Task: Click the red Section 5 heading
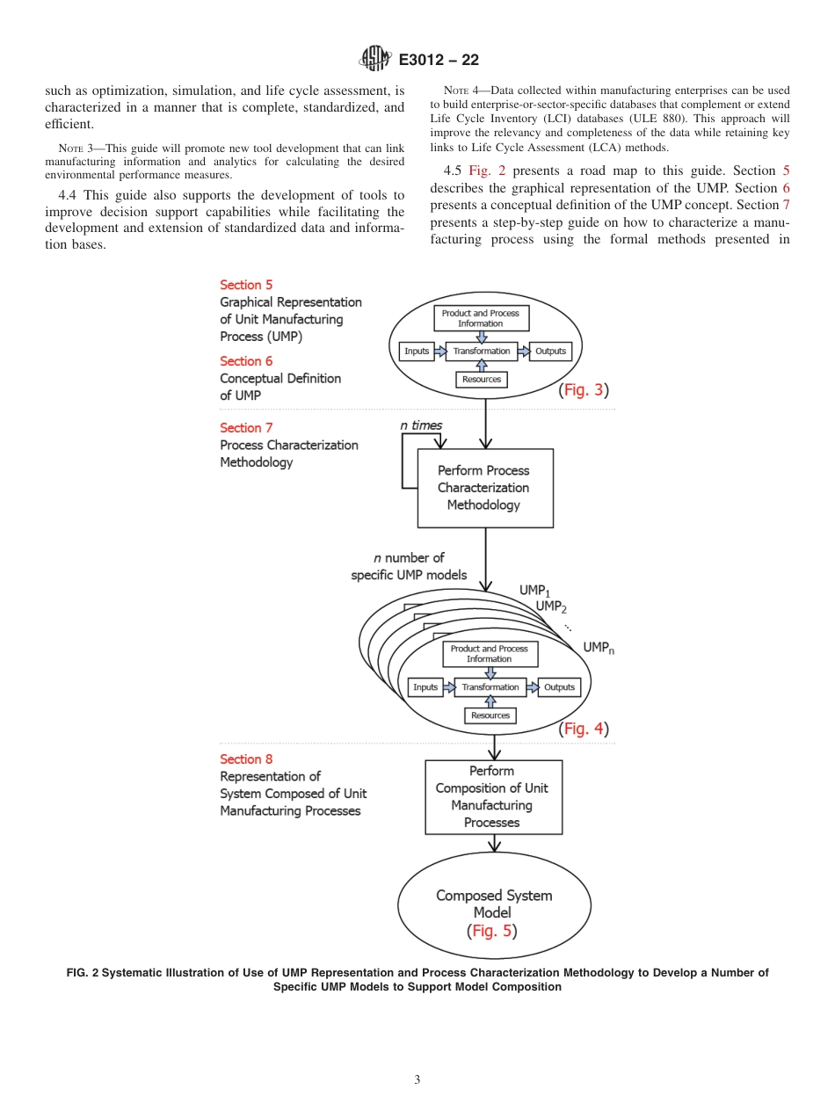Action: click(x=246, y=285)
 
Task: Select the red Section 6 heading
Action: click(x=246, y=361)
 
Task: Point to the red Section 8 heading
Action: click(x=246, y=759)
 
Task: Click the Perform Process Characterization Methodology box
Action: click(x=484, y=488)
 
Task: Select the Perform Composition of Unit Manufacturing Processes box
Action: click(x=493, y=797)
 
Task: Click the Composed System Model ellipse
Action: click(x=494, y=913)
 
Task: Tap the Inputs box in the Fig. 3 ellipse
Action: click(x=417, y=352)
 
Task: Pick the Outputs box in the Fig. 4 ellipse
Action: click(x=559, y=687)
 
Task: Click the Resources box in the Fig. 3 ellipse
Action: click(x=482, y=380)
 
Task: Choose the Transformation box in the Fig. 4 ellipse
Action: click(x=490, y=687)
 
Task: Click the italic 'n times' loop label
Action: click(x=421, y=425)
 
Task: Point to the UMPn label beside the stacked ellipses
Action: click(x=599, y=648)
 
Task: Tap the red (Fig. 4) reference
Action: click(x=584, y=729)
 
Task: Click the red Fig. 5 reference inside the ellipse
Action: click(x=492, y=931)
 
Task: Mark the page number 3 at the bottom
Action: click(x=417, y=1080)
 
